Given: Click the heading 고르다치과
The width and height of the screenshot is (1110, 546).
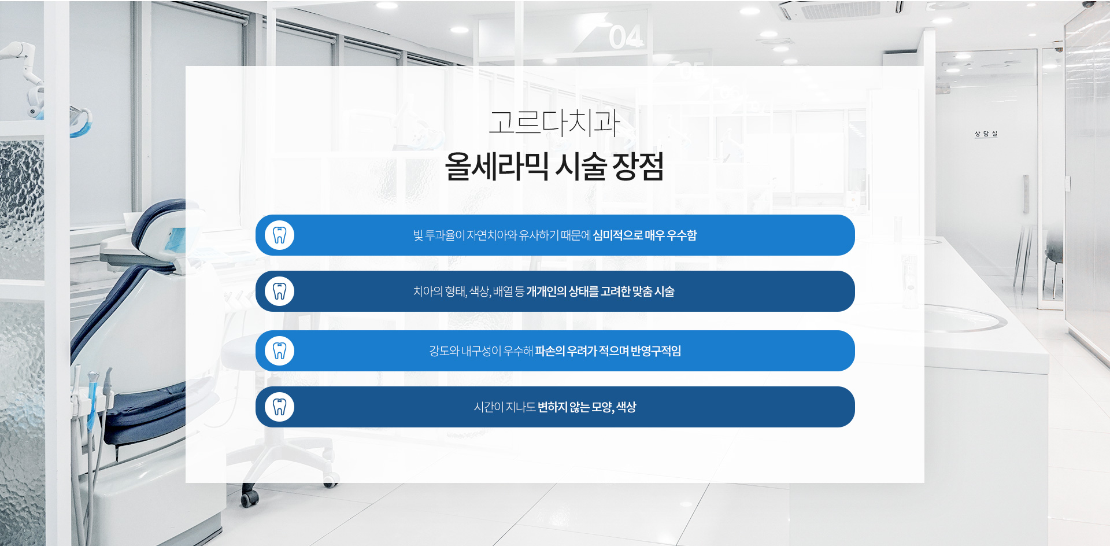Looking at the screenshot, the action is [554, 123].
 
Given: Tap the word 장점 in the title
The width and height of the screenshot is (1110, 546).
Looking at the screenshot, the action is [638, 167].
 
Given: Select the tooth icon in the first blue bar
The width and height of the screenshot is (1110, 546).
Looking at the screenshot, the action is [280, 235].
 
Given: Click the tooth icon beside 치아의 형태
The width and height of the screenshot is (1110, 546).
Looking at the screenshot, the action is [280, 292].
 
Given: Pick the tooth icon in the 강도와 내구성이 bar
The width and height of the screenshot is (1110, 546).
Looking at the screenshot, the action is [280, 351].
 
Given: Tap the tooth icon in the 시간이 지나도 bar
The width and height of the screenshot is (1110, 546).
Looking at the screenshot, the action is [280, 407].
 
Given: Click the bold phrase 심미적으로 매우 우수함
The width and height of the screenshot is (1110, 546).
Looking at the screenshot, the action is [645, 235].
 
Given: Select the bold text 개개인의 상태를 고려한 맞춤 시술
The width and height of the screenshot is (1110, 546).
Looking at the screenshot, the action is [601, 292].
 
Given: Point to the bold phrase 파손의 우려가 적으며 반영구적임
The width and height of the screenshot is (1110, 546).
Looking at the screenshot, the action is [608, 351].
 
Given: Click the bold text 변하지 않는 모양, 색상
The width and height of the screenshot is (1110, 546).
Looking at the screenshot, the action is [587, 407].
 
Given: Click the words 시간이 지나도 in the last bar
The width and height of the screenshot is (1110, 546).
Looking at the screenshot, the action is [505, 407].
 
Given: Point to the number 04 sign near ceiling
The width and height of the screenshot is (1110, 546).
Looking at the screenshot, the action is [626, 37].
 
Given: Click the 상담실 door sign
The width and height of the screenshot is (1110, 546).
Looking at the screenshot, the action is [986, 134].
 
